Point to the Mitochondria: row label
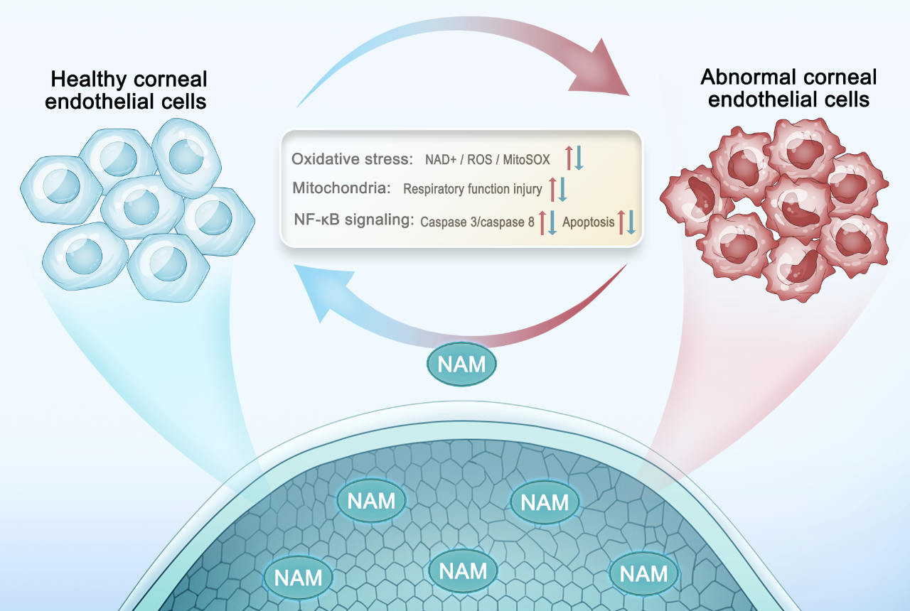pyautogui.click(x=341, y=188)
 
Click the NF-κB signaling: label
pyautogui.click(x=353, y=220)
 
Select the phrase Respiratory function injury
pyautogui.click(x=472, y=190)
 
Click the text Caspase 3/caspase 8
pyautogui.click(x=477, y=222)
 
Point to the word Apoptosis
pyautogui.click(x=588, y=222)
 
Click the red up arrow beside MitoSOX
pyautogui.click(x=569, y=157)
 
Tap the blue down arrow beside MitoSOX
pyautogui.click(x=579, y=157)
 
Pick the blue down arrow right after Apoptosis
pyautogui.click(x=631, y=222)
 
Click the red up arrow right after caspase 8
pyautogui.click(x=542, y=222)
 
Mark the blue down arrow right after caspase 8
pyautogui.click(x=552, y=222)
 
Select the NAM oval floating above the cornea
pyautogui.click(x=461, y=364)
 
